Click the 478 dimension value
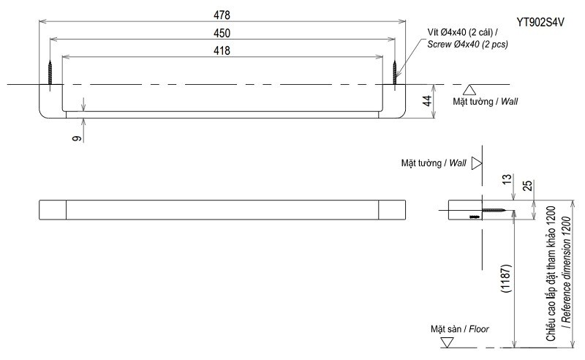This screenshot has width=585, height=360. pos(222,15)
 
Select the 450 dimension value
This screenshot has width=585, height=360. pos(222,33)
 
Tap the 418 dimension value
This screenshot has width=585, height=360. pos(222,50)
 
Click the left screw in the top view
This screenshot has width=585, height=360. pos(50,72)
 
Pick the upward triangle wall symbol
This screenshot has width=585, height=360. pos(470,91)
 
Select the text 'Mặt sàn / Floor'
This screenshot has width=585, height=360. pos(459,329)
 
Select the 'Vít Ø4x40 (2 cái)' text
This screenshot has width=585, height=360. pos(463,32)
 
